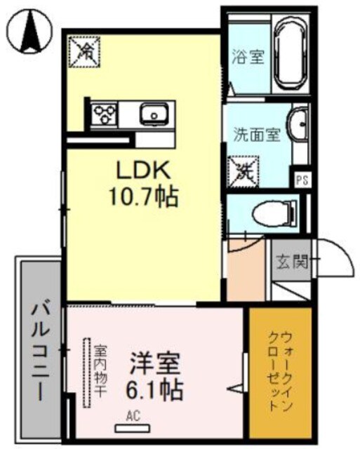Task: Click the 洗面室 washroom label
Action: click(x=257, y=133)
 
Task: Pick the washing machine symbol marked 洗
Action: click(x=244, y=168)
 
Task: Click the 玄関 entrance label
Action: click(x=291, y=264)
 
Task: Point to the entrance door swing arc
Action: click(x=330, y=261)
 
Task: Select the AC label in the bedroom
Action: click(x=132, y=416)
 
